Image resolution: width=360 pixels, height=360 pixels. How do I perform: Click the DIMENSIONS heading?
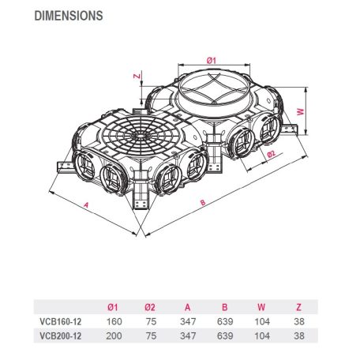(69, 16)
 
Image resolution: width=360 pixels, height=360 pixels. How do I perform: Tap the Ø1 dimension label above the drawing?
(211, 60)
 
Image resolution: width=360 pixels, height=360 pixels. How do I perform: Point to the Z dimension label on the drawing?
(137, 76)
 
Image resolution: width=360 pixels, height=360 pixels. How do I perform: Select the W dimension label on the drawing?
(301, 111)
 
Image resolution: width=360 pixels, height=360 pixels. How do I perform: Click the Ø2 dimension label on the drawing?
(271, 154)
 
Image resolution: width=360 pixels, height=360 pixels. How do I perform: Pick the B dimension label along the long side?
(203, 202)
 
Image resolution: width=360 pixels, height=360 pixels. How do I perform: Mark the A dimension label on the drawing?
(86, 204)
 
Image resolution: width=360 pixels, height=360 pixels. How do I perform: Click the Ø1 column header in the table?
(113, 307)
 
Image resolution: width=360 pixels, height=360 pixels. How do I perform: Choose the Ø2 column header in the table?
(150, 307)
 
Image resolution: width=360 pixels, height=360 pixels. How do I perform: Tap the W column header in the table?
(261, 307)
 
